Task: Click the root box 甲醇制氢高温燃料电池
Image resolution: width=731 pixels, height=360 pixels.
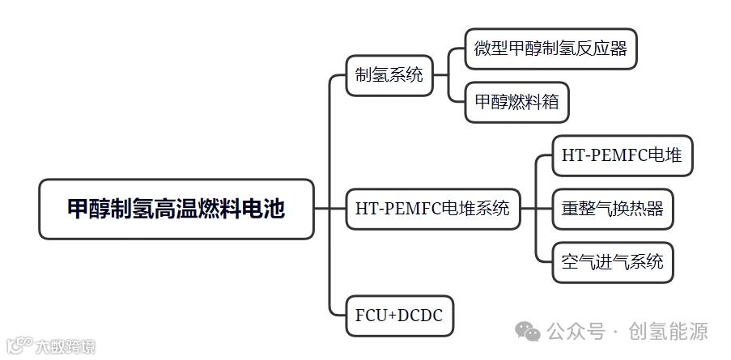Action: [176, 209]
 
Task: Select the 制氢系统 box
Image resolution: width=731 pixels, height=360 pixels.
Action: [389, 76]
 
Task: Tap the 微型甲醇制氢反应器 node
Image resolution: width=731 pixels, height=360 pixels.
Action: [550, 49]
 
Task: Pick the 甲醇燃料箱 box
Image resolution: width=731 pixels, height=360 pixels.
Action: [516, 103]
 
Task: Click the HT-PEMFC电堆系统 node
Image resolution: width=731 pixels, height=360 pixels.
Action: [432, 209]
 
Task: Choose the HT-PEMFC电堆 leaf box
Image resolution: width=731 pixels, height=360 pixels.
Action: [622, 156]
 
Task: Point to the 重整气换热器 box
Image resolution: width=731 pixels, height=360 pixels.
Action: [612, 209]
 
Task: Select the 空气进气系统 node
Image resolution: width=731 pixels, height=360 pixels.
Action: [612, 261]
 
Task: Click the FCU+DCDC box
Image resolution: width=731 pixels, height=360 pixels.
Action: [399, 315]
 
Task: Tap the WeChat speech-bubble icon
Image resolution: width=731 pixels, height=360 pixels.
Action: [529, 332]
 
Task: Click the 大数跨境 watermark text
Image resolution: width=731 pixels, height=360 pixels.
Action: [66, 346]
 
